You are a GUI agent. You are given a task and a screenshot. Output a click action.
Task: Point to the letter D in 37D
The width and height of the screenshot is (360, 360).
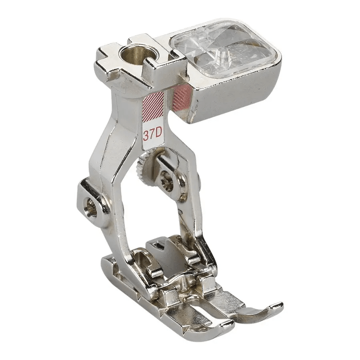[x=158, y=134]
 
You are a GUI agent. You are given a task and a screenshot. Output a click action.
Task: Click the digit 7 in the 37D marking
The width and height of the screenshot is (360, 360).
[x=152, y=134]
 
